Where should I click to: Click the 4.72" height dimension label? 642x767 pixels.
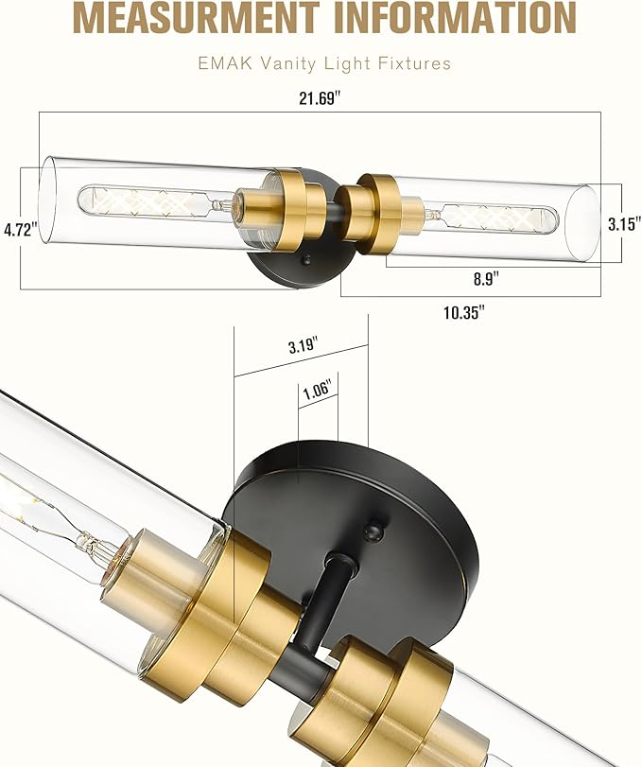19,229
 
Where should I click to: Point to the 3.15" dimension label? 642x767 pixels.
622,223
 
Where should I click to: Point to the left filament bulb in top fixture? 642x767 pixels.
151,201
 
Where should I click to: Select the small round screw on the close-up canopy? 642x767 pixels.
377,522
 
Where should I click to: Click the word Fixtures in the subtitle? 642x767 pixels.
414,64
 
